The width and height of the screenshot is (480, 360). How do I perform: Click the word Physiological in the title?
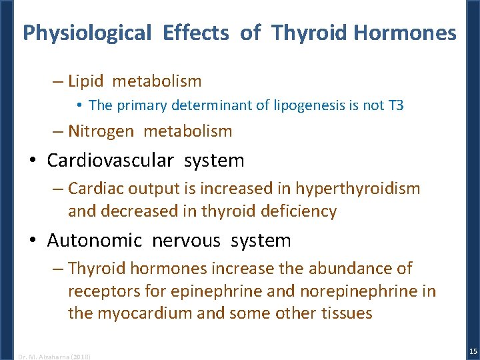[x=87, y=33]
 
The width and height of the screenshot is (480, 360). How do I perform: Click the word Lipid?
[x=86, y=81]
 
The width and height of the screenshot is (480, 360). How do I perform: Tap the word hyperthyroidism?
[x=358, y=189]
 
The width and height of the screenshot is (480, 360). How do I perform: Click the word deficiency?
[x=298, y=212]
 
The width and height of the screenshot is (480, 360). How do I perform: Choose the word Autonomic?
[x=95, y=240]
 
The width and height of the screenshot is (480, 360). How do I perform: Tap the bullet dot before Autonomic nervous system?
[x=33, y=241]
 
